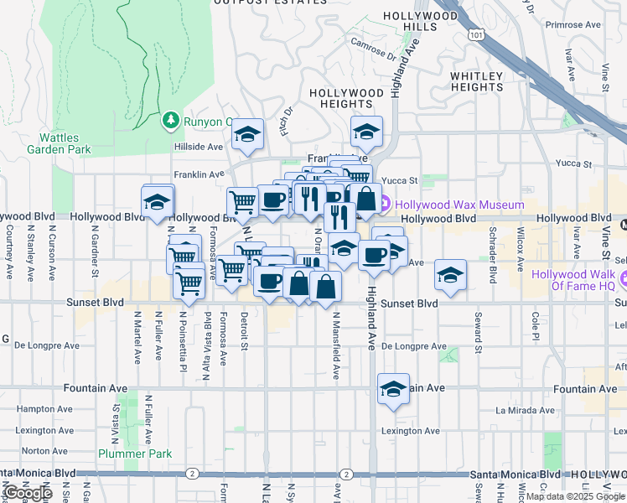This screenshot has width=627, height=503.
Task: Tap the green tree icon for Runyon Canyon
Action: pyautogui.click(x=171, y=121)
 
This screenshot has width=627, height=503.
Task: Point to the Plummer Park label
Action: pyautogui.click(x=134, y=454)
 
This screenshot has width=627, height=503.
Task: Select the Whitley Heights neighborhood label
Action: pyautogui.click(x=476, y=81)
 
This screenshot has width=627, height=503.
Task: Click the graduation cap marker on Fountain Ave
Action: pyautogui.click(x=391, y=389)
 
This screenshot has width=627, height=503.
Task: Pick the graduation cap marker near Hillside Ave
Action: pyautogui.click(x=247, y=134)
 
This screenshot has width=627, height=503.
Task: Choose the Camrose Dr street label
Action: pyautogui.click(x=373, y=50)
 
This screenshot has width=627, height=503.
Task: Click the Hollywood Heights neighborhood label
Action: pyautogui.click(x=346, y=98)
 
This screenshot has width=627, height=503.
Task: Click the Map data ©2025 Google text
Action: pyautogui.click(x=574, y=496)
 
